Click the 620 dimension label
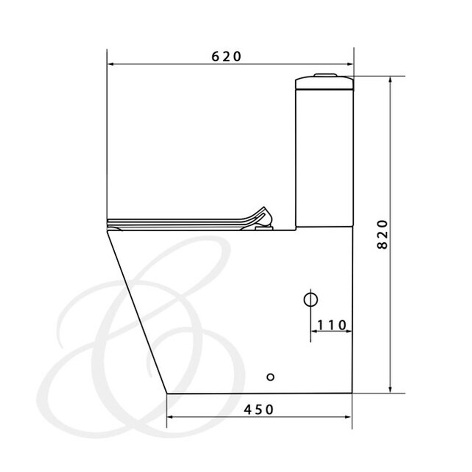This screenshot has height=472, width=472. pyautogui.click(x=227, y=57)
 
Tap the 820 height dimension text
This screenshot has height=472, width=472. pyautogui.click(x=382, y=235)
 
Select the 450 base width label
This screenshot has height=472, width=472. pyautogui.click(x=259, y=410)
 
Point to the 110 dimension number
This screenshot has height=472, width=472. pyautogui.click(x=332, y=325)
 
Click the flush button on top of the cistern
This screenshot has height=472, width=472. pyautogui.click(x=325, y=75)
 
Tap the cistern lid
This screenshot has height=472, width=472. pyautogui.click(x=324, y=83)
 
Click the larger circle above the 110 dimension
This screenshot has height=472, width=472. pyautogui.click(x=311, y=300)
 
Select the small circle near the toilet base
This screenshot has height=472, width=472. pyautogui.click(x=270, y=377)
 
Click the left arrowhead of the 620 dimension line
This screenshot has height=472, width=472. pyautogui.click(x=110, y=64)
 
